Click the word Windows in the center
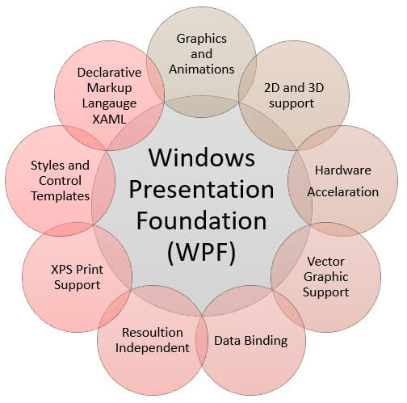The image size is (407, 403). coord(202,157)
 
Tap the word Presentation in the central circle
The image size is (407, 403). coord(201,189)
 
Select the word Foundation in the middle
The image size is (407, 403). coord(201,220)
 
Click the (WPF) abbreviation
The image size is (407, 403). coord(201,252)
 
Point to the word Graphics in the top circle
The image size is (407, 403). coord(201,39)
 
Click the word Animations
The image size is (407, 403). coord(201,69)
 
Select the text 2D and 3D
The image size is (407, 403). coord(294,88)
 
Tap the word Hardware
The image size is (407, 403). coord(343,170)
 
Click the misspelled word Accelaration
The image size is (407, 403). coord(342,192)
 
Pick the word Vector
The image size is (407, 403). coord(325,262)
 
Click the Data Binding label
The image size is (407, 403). coord(250,341)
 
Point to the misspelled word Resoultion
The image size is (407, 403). coord(153,333)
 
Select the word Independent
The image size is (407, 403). coord(153,348)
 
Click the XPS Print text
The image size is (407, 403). coord(77,270)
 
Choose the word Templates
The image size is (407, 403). coord(61,196)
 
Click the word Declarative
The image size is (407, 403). coord(109,73)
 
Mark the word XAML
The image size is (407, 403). coord(109,120)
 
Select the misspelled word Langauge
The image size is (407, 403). coord(109,104)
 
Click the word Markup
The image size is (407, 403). coord(109,88)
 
